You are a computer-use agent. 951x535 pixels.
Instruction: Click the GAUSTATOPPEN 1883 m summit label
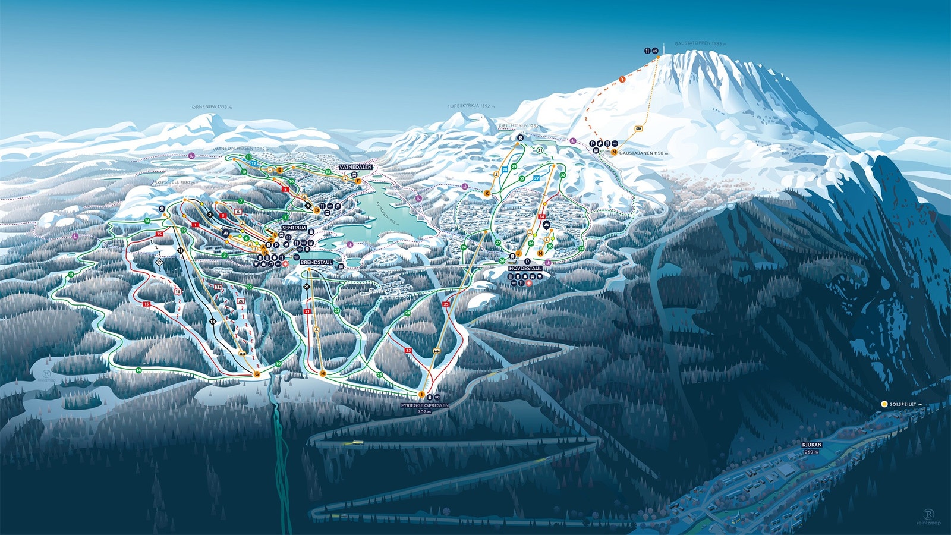coord(700,44)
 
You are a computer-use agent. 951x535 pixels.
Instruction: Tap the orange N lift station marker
coord(614,152)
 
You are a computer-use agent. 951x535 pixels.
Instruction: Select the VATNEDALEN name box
coord(356,168)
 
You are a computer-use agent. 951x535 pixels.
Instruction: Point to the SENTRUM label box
coord(294,228)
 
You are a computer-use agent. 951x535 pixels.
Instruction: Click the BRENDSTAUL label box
coord(316,262)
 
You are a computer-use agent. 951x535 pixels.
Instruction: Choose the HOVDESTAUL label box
coord(525,269)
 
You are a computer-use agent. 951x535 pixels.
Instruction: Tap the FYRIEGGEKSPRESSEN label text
coord(424,405)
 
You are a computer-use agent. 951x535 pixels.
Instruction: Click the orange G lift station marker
coord(257,374)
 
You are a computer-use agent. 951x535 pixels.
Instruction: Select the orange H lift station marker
coord(323,373)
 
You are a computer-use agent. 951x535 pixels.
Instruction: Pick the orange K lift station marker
coord(487,194)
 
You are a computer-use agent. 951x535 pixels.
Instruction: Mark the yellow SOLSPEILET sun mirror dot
coord(884,404)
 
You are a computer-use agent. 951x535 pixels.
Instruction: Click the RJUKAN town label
coord(811,445)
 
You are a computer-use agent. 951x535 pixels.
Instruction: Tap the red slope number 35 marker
coord(408,351)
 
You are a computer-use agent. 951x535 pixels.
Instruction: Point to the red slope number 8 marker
coord(285,189)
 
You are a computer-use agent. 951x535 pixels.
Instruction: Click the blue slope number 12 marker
coord(254,163)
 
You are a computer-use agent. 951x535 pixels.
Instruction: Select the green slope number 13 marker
coord(328,172)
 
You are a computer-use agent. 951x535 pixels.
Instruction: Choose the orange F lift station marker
coord(358,180)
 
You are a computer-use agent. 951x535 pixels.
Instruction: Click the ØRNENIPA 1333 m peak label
coord(211,107)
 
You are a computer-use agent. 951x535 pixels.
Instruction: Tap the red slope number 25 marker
coord(446,304)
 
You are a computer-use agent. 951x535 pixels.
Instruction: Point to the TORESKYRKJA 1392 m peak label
coord(471,106)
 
